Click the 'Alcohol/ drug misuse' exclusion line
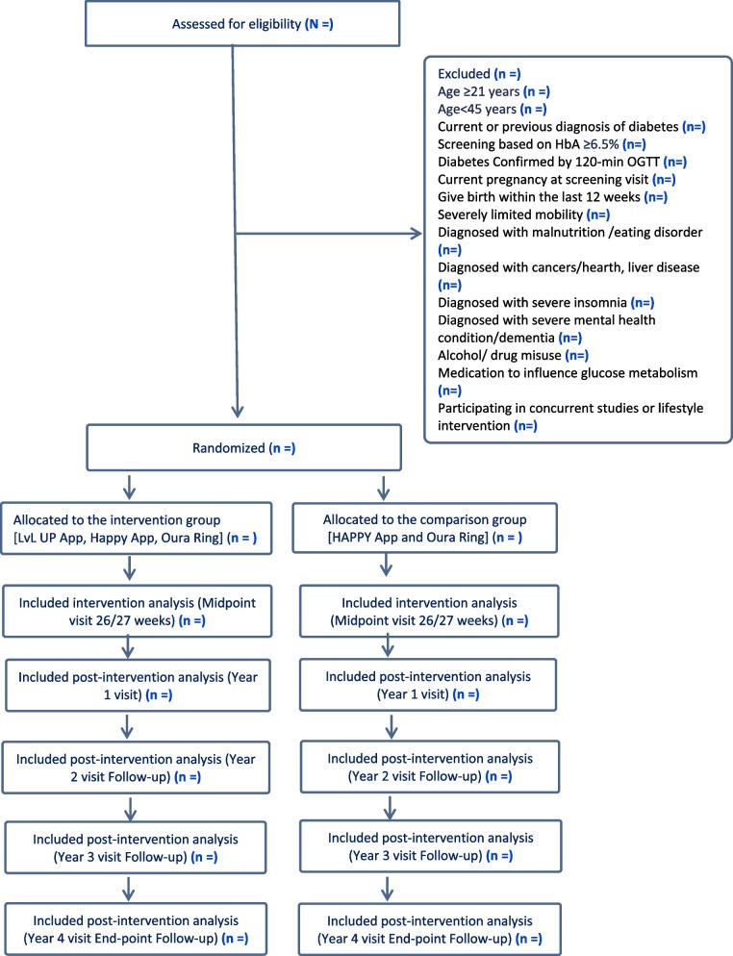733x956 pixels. [x=500, y=355]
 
